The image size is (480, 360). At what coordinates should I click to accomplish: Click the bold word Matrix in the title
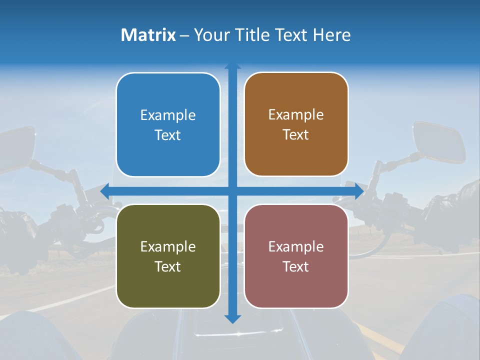[x=148, y=35]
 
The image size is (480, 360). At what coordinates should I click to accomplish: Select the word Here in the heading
[x=332, y=35]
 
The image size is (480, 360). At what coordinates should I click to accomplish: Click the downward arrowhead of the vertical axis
[x=232, y=318]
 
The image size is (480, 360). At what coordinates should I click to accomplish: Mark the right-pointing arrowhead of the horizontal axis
[x=359, y=191]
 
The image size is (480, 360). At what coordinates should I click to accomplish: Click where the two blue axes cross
[x=232, y=191]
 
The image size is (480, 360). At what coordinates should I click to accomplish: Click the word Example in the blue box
[x=168, y=115]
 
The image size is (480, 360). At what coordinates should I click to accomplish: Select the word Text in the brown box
[x=296, y=135]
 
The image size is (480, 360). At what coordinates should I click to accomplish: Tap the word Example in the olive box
[x=168, y=246]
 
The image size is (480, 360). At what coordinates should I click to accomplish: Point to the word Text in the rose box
[x=296, y=266]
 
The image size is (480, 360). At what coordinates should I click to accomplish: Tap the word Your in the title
[x=209, y=35]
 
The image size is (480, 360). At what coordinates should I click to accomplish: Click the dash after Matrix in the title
[x=184, y=35]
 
